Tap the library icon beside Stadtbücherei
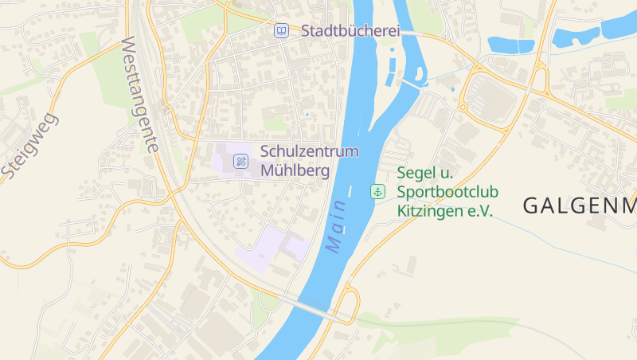point(280,31)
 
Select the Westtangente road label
point(139,96)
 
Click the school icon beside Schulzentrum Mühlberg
point(240,162)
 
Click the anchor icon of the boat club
point(377,191)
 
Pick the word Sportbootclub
point(447,192)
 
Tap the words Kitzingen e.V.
point(445,211)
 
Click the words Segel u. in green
point(424,173)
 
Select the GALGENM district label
point(579,205)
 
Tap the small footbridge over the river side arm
point(409,83)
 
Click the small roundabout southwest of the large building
point(463,108)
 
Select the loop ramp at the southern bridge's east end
point(349,303)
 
